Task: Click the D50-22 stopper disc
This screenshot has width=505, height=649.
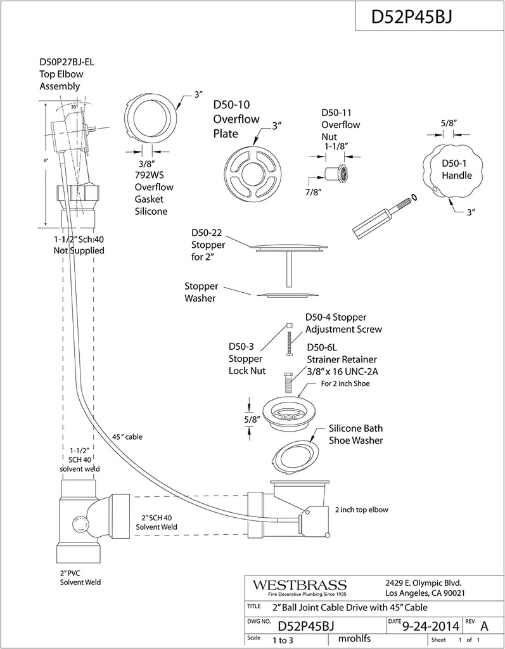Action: [289, 246]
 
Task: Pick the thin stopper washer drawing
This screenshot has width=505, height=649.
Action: [289, 294]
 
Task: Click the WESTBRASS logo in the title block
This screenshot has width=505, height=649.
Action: [300, 584]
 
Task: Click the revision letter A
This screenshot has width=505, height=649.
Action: [485, 626]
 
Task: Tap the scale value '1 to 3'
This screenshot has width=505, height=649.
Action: [287, 640]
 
